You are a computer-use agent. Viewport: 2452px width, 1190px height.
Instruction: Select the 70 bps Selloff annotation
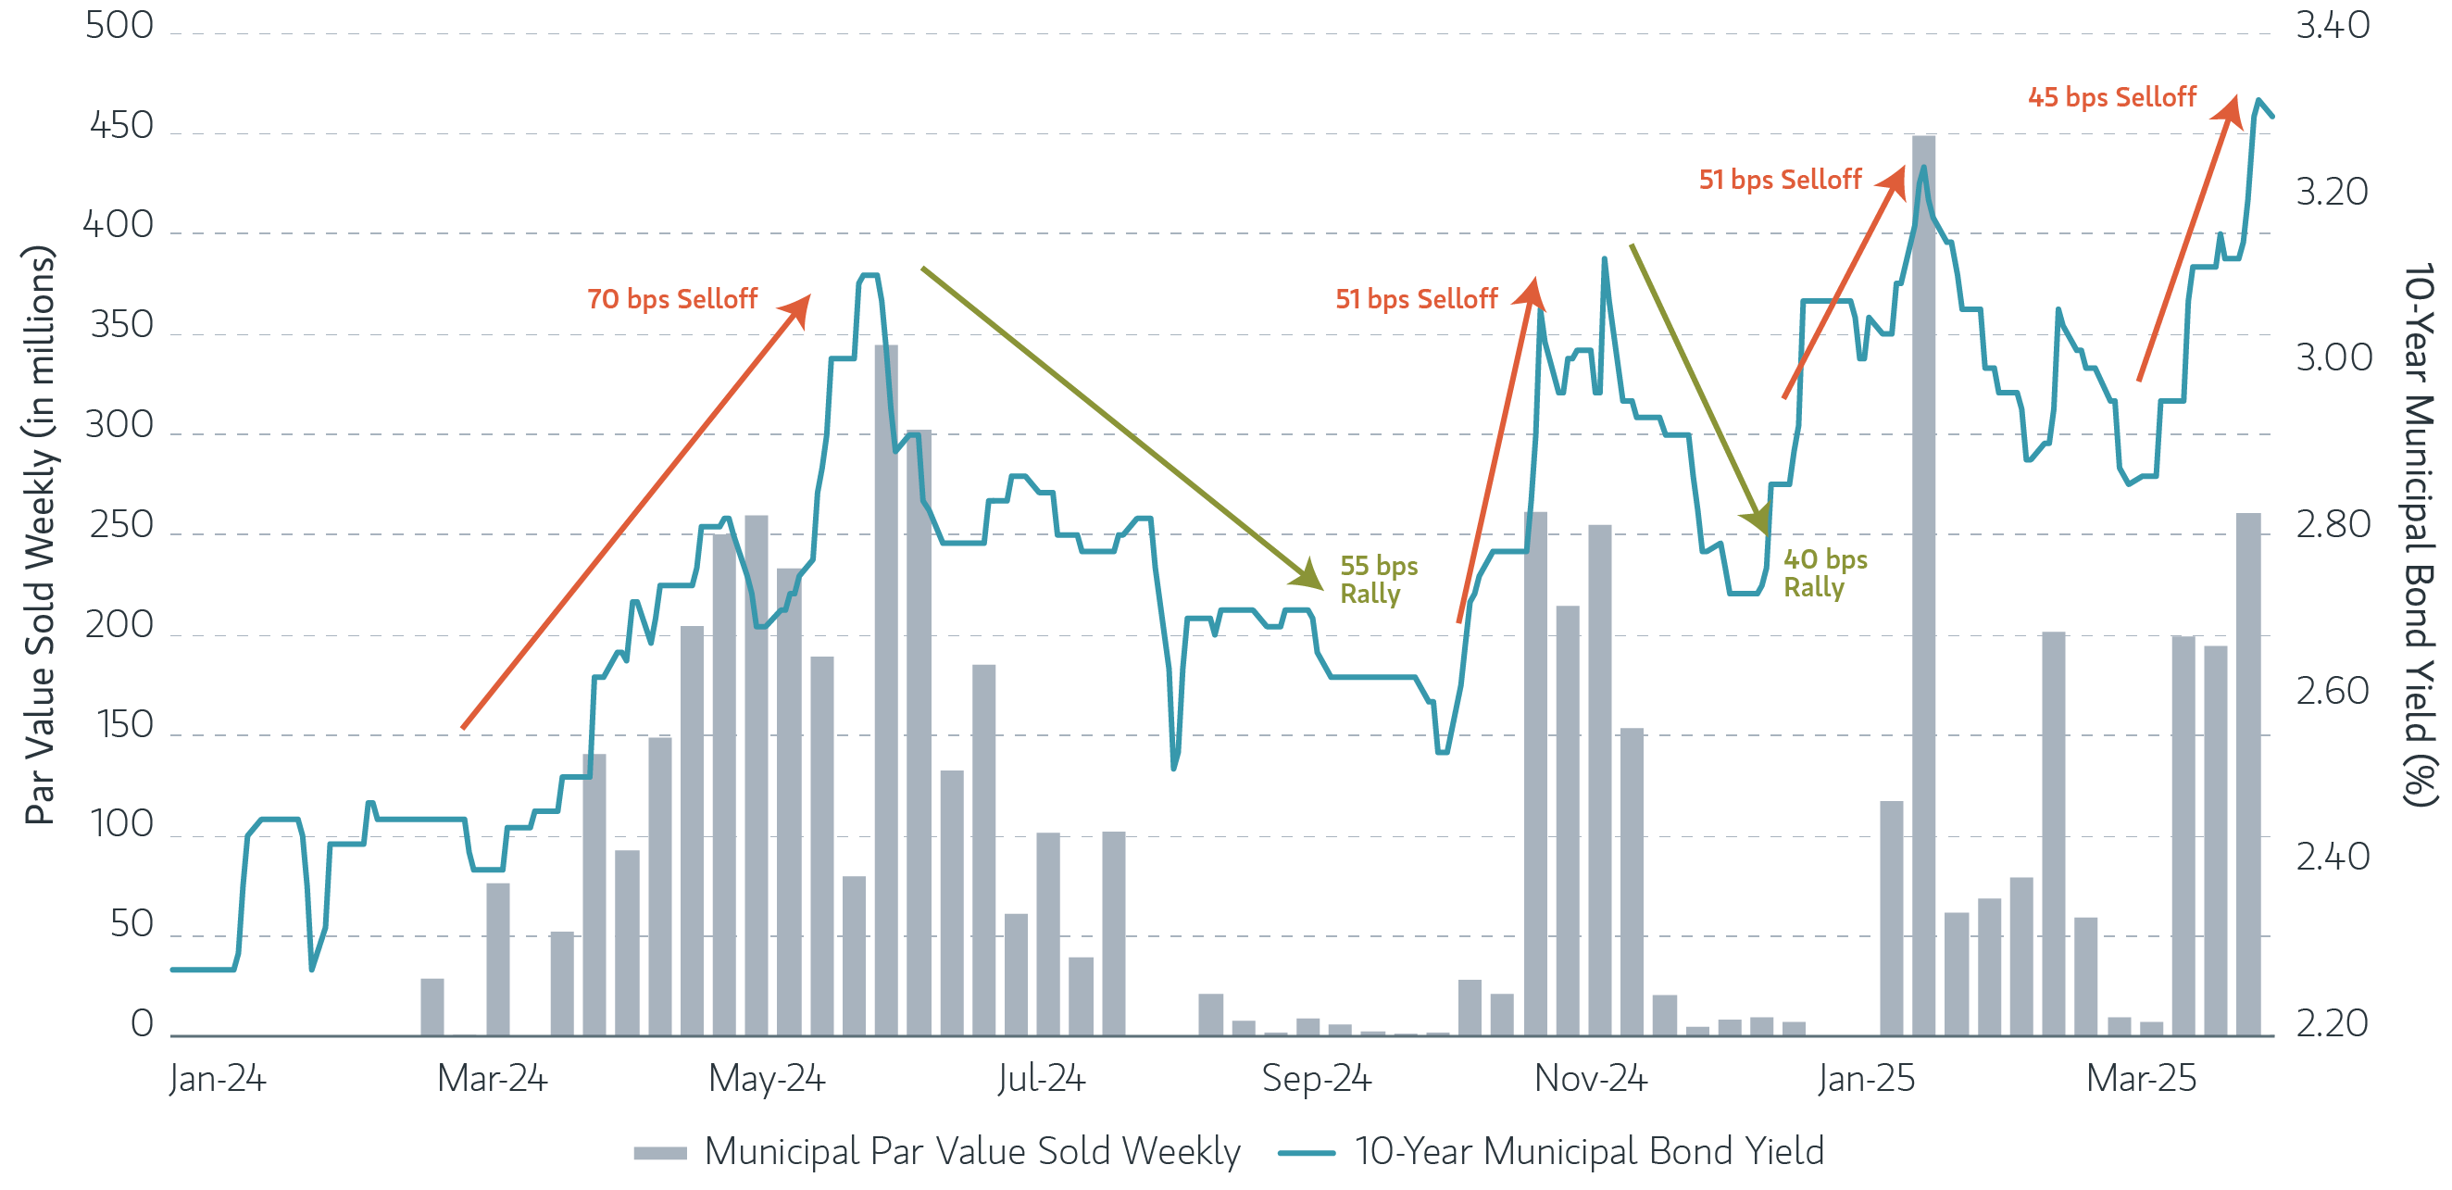click(x=672, y=299)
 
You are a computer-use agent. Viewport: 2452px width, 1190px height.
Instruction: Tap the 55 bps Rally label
click(x=1377, y=579)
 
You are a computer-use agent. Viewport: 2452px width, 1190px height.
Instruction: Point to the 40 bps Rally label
click(x=1824, y=572)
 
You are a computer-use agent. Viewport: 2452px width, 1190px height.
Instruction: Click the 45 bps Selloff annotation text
click(x=2111, y=97)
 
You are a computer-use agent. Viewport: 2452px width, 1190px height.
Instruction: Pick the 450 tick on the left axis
click(x=121, y=126)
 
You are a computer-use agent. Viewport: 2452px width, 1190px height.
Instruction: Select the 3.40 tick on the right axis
click(x=2332, y=26)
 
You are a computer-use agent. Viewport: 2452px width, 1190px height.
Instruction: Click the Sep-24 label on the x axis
click(x=1316, y=1079)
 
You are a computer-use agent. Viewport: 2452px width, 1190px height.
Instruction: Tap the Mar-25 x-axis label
click(x=2141, y=1079)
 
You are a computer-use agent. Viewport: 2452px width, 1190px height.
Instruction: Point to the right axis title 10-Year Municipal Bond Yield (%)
click(x=2418, y=533)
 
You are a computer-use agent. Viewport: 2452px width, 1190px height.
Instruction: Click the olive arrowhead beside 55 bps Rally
click(x=1308, y=577)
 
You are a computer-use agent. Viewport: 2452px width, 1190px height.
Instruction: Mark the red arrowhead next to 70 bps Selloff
click(x=797, y=308)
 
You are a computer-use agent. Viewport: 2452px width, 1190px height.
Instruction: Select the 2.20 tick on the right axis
click(x=2332, y=1023)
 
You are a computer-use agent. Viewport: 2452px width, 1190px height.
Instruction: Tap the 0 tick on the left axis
click(x=142, y=1023)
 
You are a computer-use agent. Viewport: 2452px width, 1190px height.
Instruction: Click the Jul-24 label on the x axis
click(x=1041, y=1079)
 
